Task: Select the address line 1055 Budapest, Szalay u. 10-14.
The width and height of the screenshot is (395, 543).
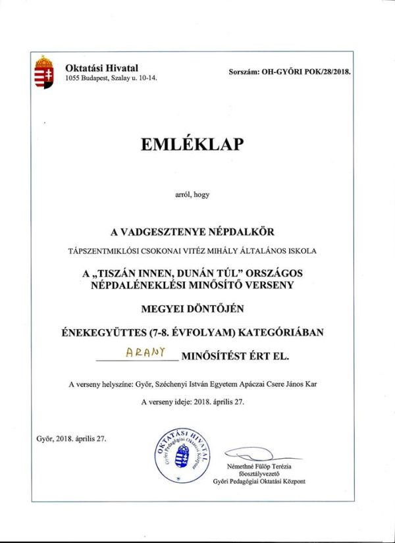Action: pyautogui.click(x=111, y=80)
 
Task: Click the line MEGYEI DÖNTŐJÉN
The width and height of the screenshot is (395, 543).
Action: pyautogui.click(x=197, y=309)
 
